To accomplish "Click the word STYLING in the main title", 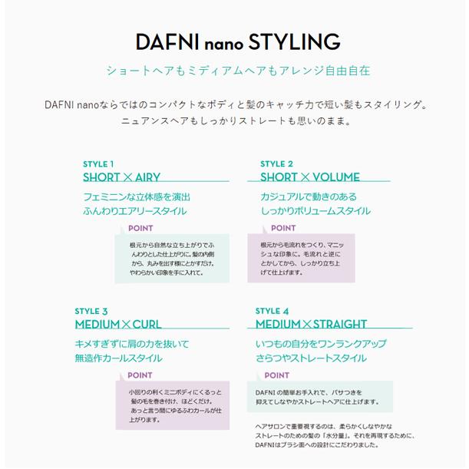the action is [292, 41].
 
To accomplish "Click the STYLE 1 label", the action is [99, 163].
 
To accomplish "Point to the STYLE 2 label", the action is [276, 163].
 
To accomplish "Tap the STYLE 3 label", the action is [91, 311].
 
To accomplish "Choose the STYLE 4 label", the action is [272, 311].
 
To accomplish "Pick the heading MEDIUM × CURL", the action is [117, 325].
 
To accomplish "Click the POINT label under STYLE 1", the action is [140, 228].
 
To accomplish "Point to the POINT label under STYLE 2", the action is [283, 228].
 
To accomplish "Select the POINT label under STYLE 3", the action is [140, 375].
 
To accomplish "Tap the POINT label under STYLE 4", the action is [277, 375].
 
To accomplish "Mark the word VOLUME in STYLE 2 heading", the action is [336, 177].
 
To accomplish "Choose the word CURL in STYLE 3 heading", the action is [146, 325].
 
